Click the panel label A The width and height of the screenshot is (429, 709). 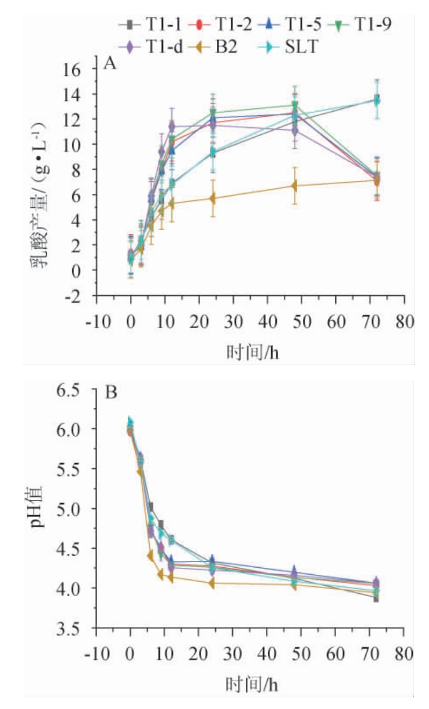110,64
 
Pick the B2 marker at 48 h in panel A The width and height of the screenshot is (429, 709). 294,186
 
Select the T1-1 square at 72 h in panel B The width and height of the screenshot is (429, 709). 376,598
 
